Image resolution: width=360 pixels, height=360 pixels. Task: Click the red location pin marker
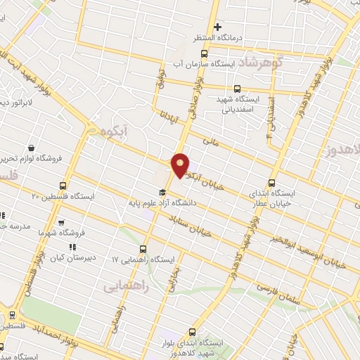pos(181,166)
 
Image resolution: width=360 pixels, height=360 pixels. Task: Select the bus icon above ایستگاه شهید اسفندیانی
pos(236,89)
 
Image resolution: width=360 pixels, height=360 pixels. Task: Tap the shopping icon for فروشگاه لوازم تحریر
pos(32,148)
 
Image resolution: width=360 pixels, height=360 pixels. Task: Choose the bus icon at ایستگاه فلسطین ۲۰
pos(63,186)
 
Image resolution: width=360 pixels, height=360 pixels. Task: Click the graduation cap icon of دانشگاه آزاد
pos(162,192)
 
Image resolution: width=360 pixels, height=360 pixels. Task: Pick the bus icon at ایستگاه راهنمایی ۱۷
pos(143,248)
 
